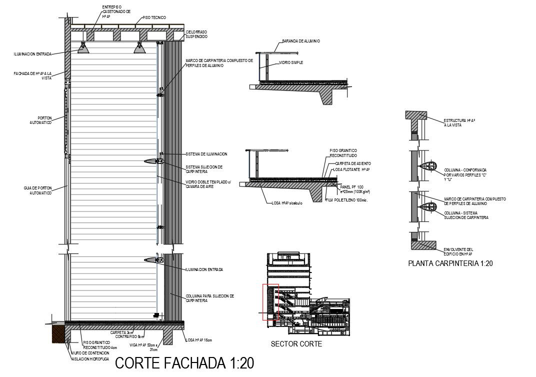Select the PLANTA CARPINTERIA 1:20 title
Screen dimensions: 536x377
pyautogui.click(x=450, y=263)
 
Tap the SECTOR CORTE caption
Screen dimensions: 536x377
pyautogui.click(x=296, y=344)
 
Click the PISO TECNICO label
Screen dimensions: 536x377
pyautogui.click(x=154, y=17)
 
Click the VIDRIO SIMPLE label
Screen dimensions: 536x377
pyautogui.click(x=291, y=62)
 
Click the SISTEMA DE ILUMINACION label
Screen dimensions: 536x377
pyautogui.click(x=206, y=154)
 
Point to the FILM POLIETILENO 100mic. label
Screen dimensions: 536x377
pyautogui.click(x=346, y=200)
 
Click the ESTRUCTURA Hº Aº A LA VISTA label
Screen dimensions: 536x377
pyautogui.click(x=458, y=122)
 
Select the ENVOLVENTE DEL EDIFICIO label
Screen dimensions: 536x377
pyautogui.click(x=458, y=251)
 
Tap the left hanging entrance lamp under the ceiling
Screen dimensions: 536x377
pyautogui.click(x=82, y=48)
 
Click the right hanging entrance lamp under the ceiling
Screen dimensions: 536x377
pyautogui.click(x=139, y=48)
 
